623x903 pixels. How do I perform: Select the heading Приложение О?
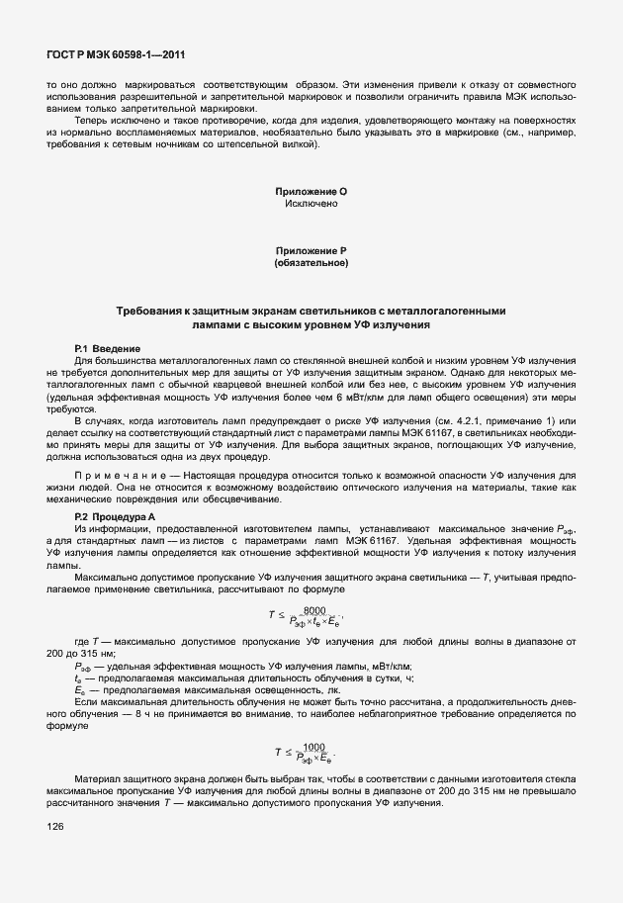click(x=311, y=191)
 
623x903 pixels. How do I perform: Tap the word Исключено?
click(x=311, y=204)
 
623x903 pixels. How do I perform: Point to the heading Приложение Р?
click(x=311, y=251)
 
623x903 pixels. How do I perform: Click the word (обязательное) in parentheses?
click(x=311, y=264)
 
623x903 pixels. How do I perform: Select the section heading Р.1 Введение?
click(x=108, y=349)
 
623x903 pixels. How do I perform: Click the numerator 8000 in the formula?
click(x=314, y=609)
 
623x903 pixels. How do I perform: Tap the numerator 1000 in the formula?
click(x=314, y=747)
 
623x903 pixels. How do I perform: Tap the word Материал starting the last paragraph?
click(x=97, y=777)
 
